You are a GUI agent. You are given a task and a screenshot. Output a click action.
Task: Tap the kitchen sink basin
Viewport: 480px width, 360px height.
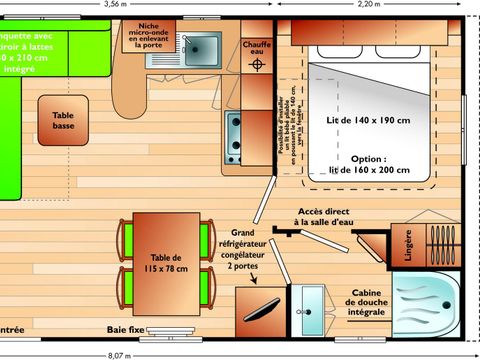tap(203, 47)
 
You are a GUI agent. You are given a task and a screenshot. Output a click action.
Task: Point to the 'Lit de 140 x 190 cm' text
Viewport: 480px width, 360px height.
tap(368, 120)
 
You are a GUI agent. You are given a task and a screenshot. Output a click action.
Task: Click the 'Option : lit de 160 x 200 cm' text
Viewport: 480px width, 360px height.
tap(367, 165)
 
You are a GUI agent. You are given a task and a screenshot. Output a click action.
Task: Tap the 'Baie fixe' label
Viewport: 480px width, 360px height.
tap(125, 328)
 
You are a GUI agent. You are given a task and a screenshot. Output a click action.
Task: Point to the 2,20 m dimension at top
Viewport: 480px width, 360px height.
tap(369, 5)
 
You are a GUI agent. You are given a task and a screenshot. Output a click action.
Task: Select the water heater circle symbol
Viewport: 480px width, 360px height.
tap(258, 66)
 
